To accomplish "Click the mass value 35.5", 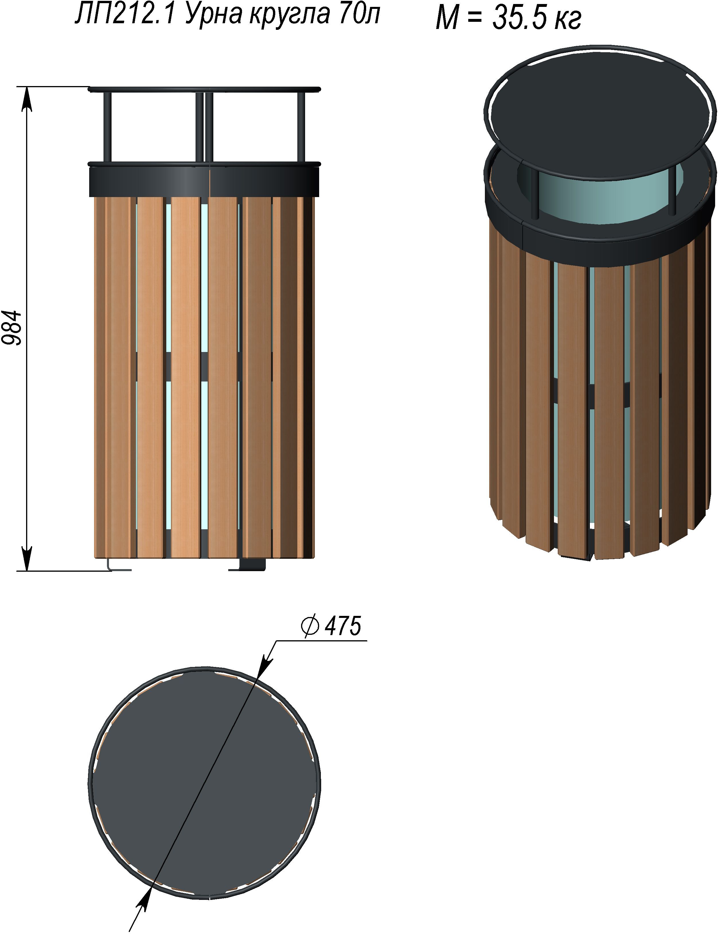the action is [x=520, y=18].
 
